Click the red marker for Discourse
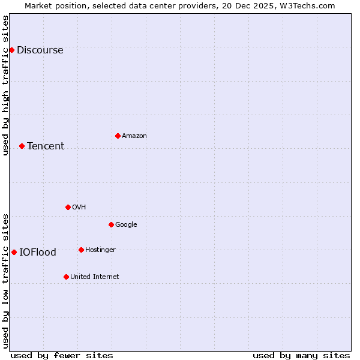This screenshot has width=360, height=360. (11, 50)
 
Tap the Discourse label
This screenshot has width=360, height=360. (40, 50)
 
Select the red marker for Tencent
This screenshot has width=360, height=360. (22, 146)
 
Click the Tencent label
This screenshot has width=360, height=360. (46, 146)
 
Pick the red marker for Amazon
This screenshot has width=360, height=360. (118, 136)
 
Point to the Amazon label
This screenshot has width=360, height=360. (134, 136)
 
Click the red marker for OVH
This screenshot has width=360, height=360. (68, 207)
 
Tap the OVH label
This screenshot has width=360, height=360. (79, 208)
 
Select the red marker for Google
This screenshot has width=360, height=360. (111, 224)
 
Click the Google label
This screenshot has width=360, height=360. (126, 225)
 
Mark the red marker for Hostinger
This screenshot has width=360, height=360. (81, 250)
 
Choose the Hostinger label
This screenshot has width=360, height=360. (100, 250)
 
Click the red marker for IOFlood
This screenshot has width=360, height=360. (14, 252)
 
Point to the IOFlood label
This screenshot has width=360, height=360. (38, 253)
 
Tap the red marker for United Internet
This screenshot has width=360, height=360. (66, 277)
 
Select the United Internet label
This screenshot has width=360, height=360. (95, 277)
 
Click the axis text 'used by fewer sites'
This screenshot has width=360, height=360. (62, 356)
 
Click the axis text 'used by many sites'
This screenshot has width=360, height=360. (301, 356)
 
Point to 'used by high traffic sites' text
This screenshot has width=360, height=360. (6, 85)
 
